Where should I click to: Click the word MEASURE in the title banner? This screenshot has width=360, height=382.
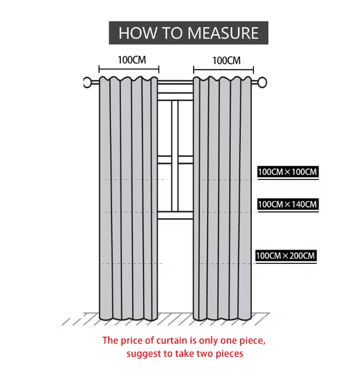(223, 33)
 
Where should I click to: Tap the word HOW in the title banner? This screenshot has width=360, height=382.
(137, 33)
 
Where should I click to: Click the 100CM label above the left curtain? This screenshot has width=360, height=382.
(132, 60)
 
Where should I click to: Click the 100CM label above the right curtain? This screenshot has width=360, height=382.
(226, 61)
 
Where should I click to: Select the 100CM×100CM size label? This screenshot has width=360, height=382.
(288, 172)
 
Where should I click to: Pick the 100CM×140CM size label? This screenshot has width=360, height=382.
(288, 204)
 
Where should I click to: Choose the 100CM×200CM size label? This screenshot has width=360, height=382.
(286, 256)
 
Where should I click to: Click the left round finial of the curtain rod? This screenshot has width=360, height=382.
(87, 82)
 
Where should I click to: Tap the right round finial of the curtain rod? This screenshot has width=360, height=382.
(262, 82)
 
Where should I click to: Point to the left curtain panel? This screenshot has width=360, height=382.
(129, 198)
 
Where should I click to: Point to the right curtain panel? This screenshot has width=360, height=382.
(223, 198)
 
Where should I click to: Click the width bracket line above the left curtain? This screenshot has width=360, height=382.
(129, 69)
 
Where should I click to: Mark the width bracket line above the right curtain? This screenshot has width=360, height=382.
(224, 70)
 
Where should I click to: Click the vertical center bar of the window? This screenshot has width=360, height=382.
(175, 156)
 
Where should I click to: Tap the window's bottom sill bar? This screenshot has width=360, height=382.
(176, 215)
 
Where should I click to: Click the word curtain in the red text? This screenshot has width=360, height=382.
(171, 341)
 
